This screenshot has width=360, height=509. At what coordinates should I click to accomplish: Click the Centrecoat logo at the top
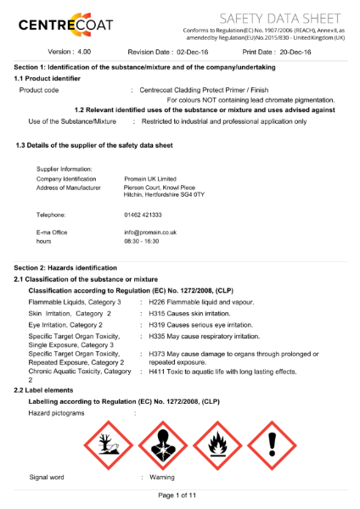pyautogui.click(x=64, y=22)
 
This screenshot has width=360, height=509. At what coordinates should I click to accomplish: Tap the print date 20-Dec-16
pyautogui.click(x=295, y=52)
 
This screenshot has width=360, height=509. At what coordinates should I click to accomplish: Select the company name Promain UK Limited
pyautogui.click(x=149, y=179)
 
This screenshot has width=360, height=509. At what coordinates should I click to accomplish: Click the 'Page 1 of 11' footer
pyautogui.click(x=180, y=495)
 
